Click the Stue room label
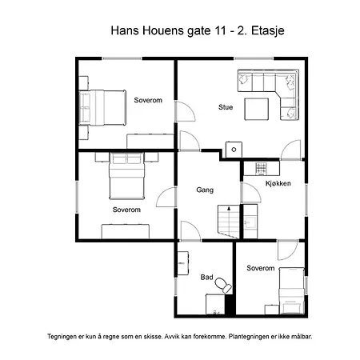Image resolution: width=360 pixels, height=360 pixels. (x=226, y=107)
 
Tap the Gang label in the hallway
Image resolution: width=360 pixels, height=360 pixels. (x=205, y=190)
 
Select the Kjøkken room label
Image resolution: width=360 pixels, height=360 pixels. (x=278, y=183)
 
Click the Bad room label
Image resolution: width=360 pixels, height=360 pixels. (x=206, y=278)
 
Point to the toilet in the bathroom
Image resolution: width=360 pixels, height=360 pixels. (x=223, y=285)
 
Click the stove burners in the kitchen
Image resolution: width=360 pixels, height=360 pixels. (x=261, y=169)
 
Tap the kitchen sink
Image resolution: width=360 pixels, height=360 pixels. (x=250, y=222)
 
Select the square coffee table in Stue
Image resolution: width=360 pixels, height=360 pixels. (x=257, y=109)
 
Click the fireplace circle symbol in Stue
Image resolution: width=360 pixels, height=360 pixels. (x=234, y=150)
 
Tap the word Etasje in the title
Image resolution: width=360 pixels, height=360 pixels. (x=268, y=31)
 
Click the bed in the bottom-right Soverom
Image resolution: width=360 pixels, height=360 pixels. (x=291, y=290)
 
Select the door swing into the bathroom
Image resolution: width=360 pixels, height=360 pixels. (x=190, y=231)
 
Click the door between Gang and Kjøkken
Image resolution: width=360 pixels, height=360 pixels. (x=250, y=193)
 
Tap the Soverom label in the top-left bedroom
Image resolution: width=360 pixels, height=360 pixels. (x=148, y=100)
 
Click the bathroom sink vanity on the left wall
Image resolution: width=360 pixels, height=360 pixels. (x=183, y=263)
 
